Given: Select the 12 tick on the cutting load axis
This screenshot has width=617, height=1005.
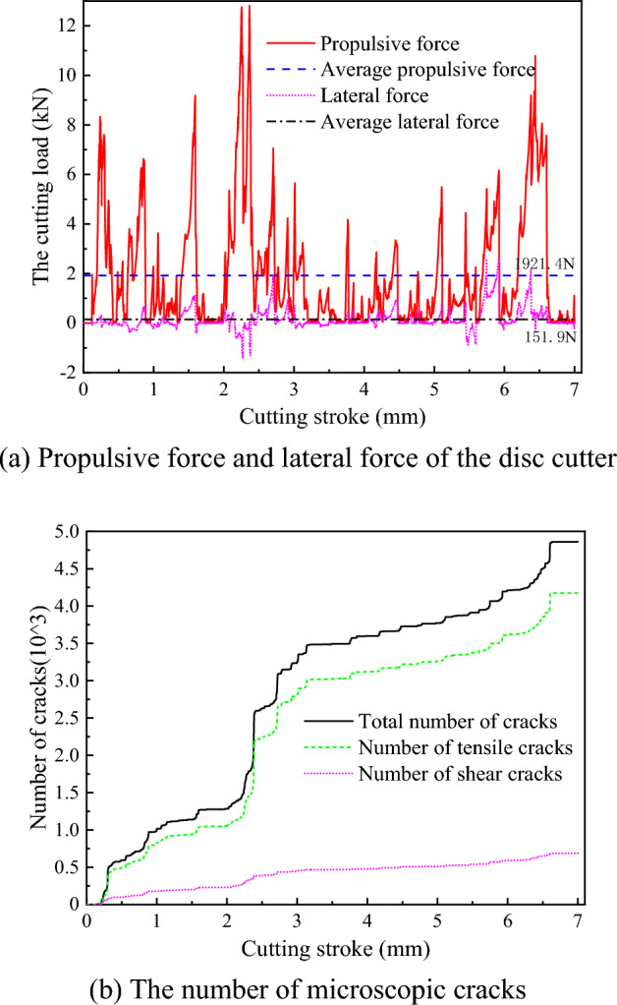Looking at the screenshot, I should click(66, 26).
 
